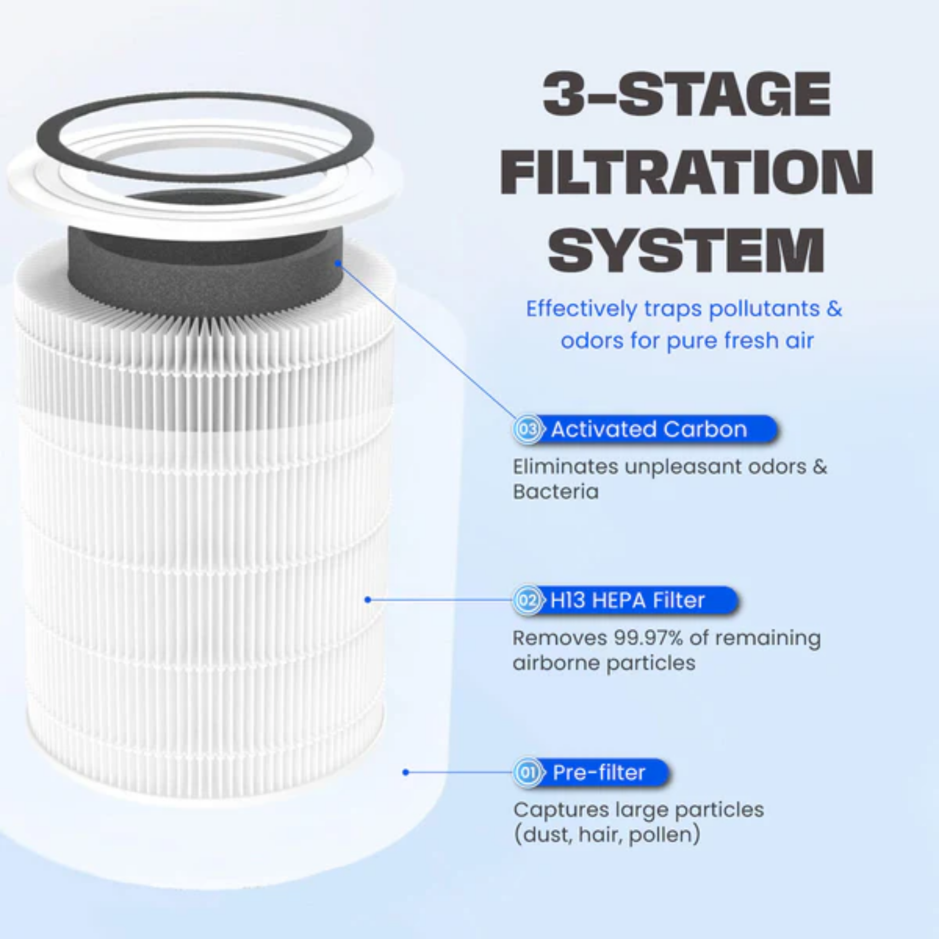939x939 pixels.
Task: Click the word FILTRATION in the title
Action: pyautogui.click(x=686, y=173)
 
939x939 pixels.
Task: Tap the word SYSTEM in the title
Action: pyautogui.click(x=686, y=252)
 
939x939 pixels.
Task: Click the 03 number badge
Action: pyautogui.click(x=528, y=430)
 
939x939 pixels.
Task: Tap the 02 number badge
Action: pyautogui.click(x=528, y=601)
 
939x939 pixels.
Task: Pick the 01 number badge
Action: pyautogui.click(x=528, y=772)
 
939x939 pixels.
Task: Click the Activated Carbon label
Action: pyautogui.click(x=648, y=430)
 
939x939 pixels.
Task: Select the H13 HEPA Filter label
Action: pyautogui.click(x=627, y=601)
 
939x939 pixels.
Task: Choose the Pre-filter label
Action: pyautogui.click(x=599, y=772)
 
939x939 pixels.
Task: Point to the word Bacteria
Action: pyautogui.click(x=556, y=492)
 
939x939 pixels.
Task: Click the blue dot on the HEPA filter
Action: pyautogui.click(x=367, y=600)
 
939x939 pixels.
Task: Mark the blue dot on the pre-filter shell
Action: pyautogui.click(x=406, y=772)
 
